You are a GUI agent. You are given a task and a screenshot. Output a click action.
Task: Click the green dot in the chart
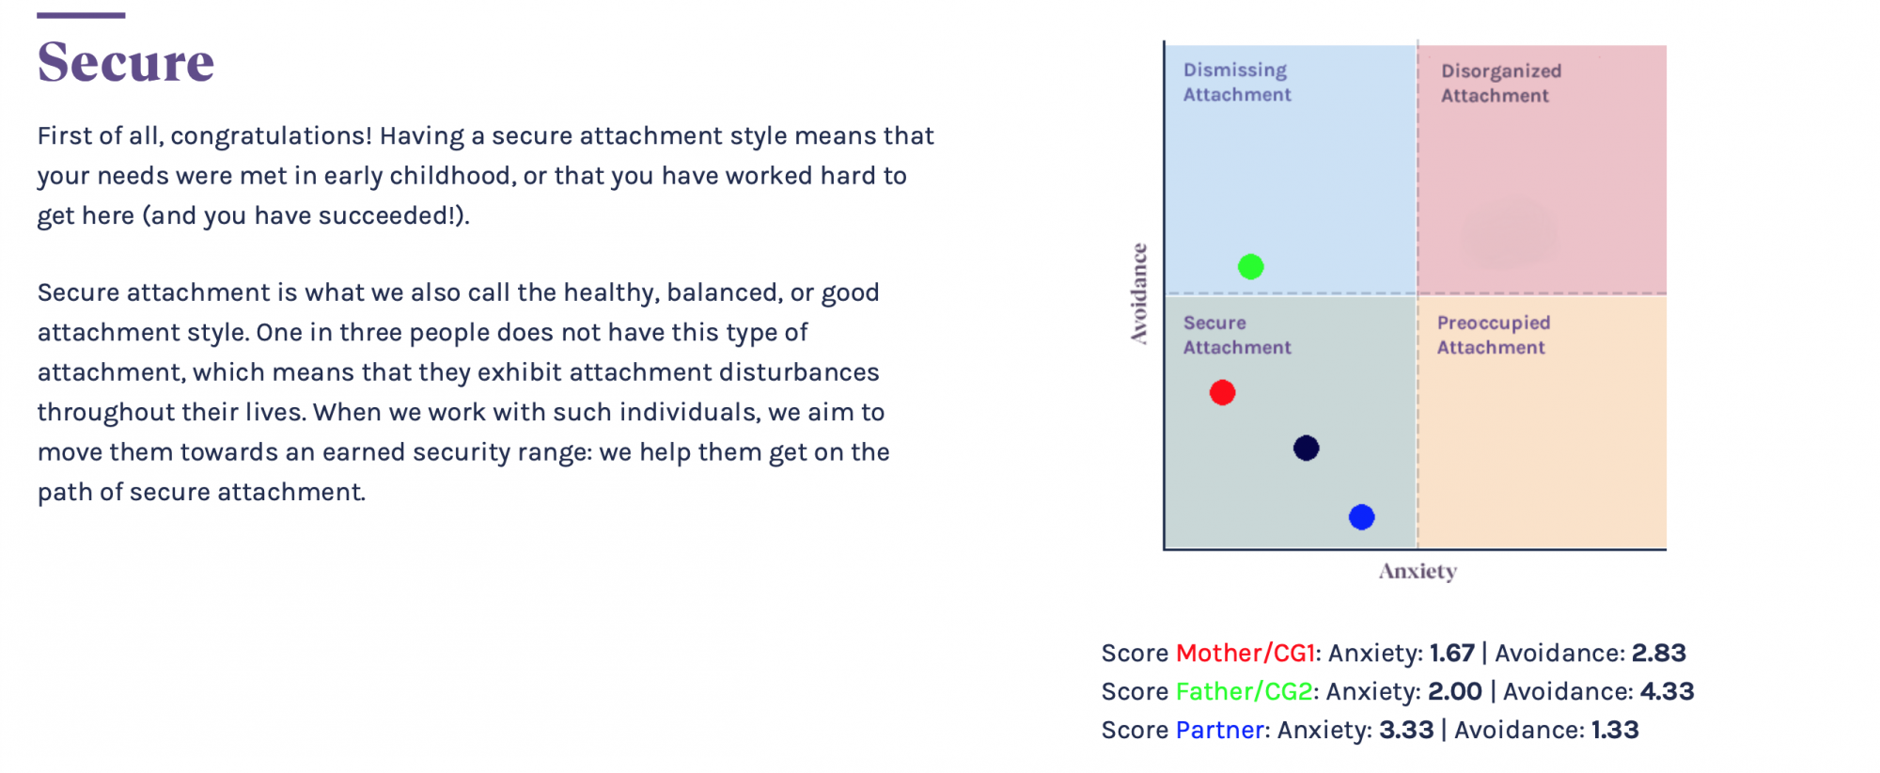1250,267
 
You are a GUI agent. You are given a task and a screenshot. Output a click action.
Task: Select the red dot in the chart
1222,392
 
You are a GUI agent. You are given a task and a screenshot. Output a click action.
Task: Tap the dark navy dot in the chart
1306,448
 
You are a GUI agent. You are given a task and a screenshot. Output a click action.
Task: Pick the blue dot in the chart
1361,516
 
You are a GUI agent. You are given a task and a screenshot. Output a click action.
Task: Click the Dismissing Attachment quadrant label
1237,82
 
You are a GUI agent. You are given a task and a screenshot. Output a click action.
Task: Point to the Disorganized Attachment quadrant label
1501,83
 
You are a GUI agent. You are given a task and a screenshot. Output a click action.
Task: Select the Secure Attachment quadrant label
1237,335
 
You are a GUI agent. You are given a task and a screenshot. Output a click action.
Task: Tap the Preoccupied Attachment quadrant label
1494,335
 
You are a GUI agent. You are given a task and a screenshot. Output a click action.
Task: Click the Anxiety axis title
1418,571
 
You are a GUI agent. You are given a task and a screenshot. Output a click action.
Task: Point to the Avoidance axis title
1139,293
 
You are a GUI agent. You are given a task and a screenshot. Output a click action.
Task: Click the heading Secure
126,62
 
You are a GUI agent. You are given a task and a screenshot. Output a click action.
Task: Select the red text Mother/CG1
1245,653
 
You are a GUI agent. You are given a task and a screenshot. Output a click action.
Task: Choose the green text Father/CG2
1244,691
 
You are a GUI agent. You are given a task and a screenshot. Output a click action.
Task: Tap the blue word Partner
1220,730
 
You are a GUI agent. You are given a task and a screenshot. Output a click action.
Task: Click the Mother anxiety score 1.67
1452,653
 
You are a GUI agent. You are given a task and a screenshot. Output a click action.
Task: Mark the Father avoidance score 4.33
1668,691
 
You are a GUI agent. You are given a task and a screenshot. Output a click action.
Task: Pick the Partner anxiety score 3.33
1406,730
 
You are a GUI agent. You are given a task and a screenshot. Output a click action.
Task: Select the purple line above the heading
81,15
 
